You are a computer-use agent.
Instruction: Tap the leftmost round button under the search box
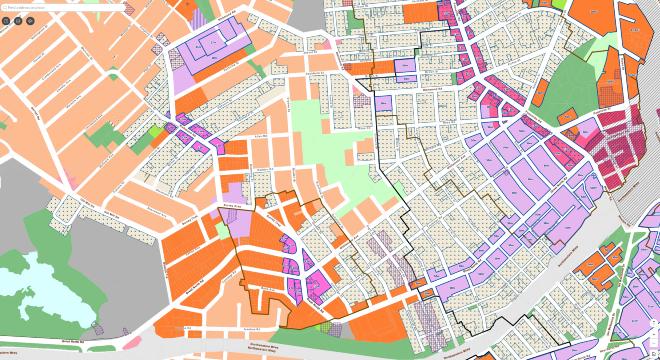pyautogui.click(x=5, y=19)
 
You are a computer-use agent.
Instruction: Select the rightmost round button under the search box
pyautogui.click(x=30, y=19)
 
